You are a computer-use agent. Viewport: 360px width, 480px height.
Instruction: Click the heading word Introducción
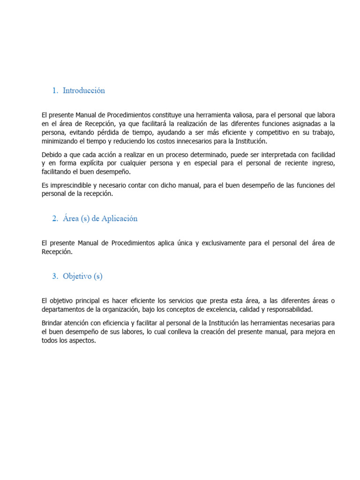coord(84,90)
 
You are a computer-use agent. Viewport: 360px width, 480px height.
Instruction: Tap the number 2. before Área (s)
coord(55,218)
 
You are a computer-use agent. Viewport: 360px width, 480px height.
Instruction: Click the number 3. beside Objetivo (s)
coord(55,276)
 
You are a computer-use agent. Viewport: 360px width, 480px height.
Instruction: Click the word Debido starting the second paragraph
coord(52,154)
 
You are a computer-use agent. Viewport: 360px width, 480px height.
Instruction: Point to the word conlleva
coord(180,332)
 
